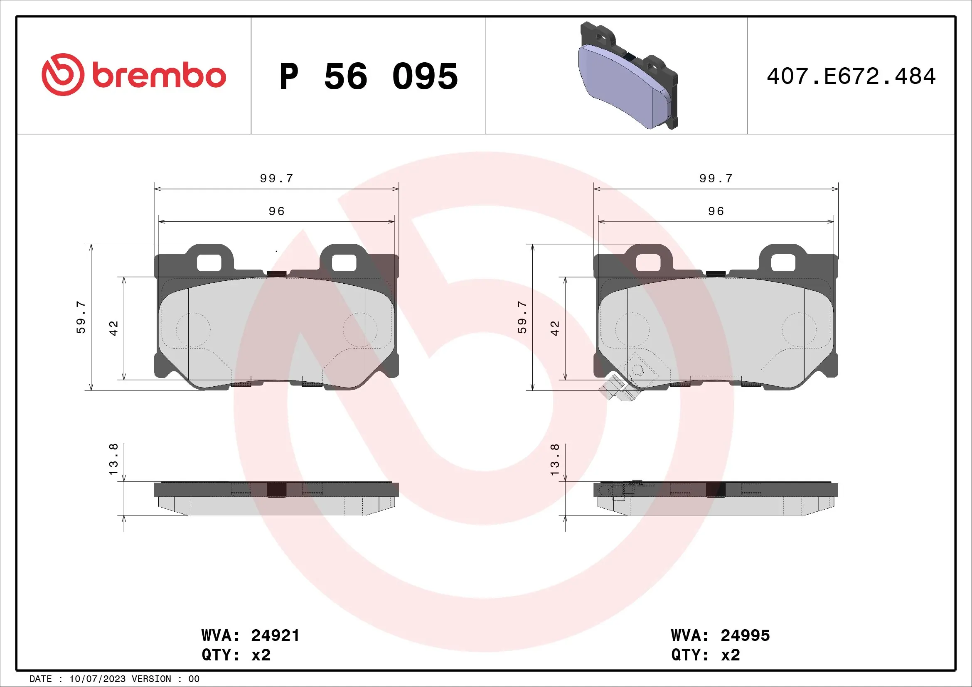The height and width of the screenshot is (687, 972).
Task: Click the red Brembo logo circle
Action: point(63,74)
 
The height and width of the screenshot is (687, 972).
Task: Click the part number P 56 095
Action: point(368,76)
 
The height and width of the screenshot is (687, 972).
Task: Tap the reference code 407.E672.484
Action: point(851,76)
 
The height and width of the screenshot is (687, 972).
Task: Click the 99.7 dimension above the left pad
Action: point(276,179)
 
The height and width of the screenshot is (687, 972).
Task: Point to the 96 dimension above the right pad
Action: point(716,211)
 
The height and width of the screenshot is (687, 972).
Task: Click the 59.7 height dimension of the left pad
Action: point(81,317)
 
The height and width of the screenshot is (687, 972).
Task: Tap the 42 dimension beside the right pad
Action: point(555,328)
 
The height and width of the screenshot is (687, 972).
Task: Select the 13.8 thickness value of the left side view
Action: point(114,459)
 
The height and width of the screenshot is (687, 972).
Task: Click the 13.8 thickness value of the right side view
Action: point(555,459)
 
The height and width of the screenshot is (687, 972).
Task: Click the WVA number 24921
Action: point(275,635)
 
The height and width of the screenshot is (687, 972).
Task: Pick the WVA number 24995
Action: point(745,635)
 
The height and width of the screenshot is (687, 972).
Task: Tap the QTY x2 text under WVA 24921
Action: point(236,655)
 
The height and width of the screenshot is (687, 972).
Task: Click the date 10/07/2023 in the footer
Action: point(97,679)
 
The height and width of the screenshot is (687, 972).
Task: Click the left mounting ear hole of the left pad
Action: point(209,263)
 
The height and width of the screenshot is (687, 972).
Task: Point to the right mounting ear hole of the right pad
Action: point(783,263)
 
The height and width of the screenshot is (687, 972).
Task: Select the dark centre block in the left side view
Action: point(276,489)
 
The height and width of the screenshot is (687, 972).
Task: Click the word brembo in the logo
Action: point(159,76)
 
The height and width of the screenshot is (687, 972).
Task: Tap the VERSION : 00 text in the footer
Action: point(165,679)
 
